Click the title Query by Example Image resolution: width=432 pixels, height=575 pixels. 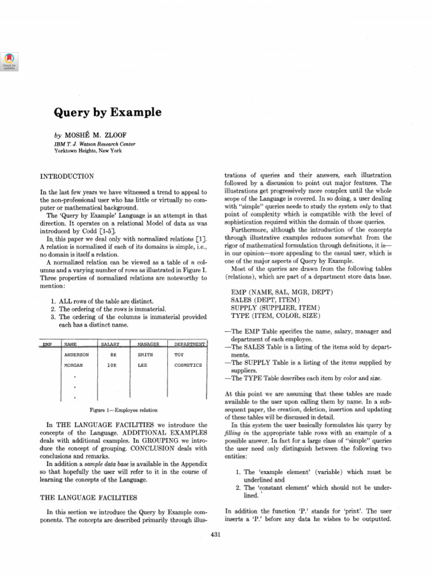click(107, 112)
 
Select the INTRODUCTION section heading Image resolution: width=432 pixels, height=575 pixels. click(67, 176)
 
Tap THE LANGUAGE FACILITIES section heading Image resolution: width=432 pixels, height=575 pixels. click(89, 497)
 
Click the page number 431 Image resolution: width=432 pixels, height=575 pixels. click(215, 535)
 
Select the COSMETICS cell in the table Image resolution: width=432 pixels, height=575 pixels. click(188, 365)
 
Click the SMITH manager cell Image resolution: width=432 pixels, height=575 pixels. click(145, 355)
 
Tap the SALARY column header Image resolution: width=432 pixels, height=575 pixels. click(110, 344)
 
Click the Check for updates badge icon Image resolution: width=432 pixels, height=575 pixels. click(10, 61)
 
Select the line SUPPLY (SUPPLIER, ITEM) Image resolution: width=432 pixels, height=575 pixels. click(276, 308)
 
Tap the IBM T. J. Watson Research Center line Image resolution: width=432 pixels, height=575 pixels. click(94, 144)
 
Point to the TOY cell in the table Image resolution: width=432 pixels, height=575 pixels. click(179, 355)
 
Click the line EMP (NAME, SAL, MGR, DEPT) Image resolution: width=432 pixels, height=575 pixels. click(282, 293)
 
